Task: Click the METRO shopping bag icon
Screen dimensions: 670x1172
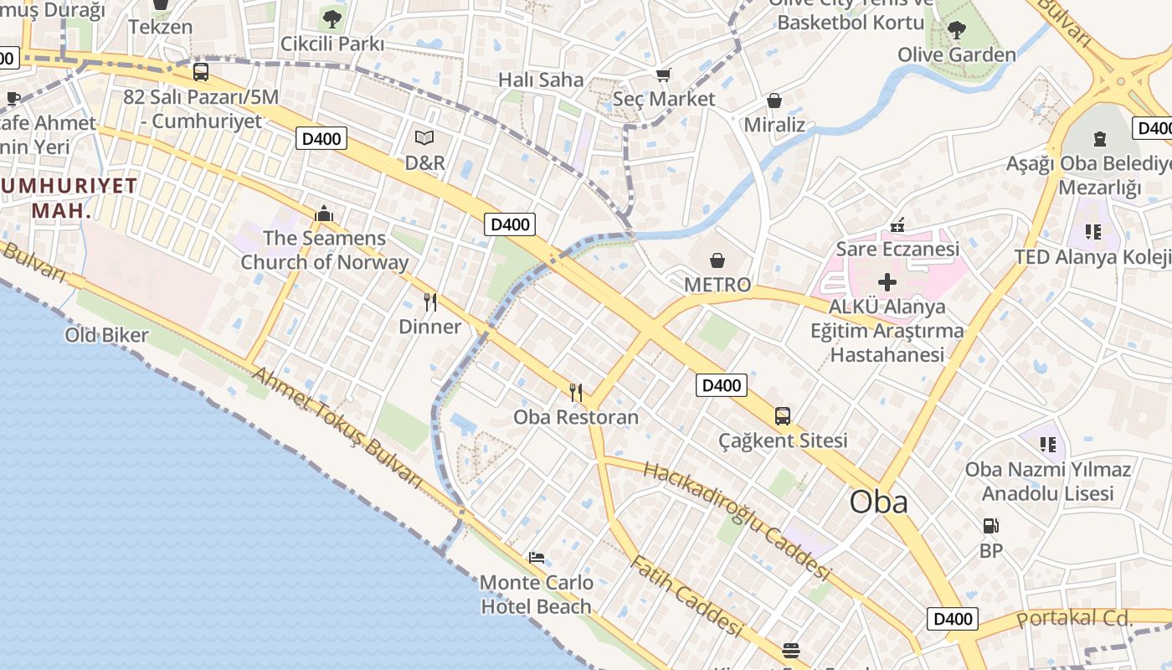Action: point(717,260)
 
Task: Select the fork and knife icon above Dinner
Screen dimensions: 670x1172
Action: point(430,302)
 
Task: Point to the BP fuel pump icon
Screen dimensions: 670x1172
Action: point(991,526)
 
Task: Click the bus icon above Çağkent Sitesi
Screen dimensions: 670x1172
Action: point(782,415)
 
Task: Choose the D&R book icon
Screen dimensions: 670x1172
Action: point(425,138)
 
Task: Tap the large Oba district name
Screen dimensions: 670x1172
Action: point(878,502)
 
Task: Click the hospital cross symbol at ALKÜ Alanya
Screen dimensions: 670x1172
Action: point(887,281)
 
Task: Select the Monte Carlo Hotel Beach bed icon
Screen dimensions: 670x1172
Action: point(537,558)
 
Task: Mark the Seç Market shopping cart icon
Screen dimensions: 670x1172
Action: point(664,75)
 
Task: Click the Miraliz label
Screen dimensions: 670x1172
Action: point(774,125)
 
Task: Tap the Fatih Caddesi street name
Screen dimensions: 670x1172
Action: point(686,595)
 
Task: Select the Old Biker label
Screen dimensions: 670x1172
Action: point(107,336)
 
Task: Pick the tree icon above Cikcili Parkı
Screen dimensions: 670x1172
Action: point(332,18)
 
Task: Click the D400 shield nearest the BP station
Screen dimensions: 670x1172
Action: point(953,619)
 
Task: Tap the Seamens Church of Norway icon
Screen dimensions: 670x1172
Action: point(324,214)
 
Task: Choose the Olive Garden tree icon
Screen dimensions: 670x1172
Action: point(957,31)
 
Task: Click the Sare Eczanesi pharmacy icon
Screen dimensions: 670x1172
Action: point(897,224)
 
